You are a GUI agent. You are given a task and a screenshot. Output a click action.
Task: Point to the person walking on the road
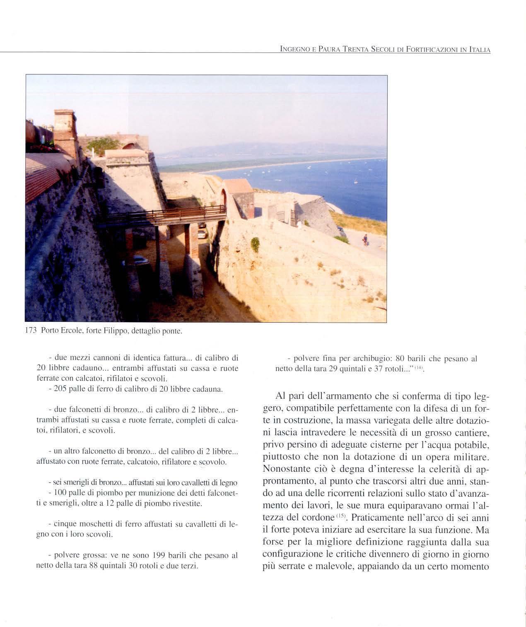pyautogui.click(x=364, y=239)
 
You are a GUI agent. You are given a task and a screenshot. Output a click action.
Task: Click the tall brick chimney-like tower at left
pyautogui.click(x=65, y=133)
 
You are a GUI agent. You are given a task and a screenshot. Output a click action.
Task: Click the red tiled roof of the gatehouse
pyautogui.click(x=238, y=186)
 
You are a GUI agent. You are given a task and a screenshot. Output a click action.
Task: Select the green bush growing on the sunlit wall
pyautogui.click(x=255, y=244)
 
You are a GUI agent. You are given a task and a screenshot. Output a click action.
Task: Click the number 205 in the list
pyautogui.click(x=60, y=390)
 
